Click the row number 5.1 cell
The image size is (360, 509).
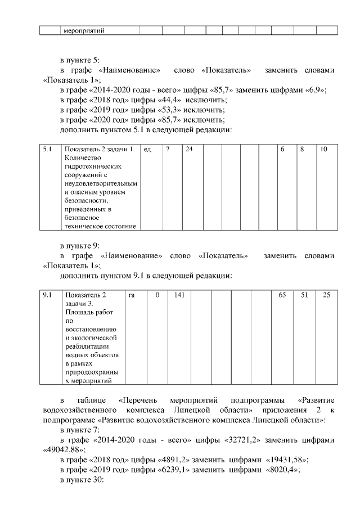(47, 150)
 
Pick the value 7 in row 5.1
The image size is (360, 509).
(167, 150)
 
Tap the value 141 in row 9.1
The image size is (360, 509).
(179, 295)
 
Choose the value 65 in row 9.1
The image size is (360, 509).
(282, 295)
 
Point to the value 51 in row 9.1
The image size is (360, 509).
(304, 295)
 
